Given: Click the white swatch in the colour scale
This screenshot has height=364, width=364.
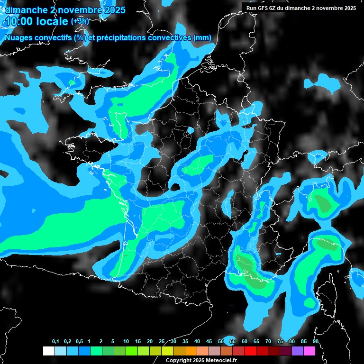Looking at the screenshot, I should [48, 351].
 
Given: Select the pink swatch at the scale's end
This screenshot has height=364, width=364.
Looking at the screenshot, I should [309, 351].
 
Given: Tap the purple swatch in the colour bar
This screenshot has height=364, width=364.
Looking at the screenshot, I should [298, 351].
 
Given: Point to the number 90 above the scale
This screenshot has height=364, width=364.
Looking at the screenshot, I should [315, 341].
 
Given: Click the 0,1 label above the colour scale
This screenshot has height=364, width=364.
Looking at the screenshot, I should [55, 341].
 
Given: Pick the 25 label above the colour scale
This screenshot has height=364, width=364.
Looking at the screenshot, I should [162, 341].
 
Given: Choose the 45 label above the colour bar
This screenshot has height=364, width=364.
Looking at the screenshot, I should [209, 341].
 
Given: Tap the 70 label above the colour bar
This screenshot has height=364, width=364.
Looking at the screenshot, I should [268, 341].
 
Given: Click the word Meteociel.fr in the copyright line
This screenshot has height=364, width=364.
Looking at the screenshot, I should [219, 361].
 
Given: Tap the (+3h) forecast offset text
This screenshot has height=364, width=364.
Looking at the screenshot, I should [80, 21].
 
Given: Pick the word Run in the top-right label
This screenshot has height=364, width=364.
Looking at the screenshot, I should [252, 8].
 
